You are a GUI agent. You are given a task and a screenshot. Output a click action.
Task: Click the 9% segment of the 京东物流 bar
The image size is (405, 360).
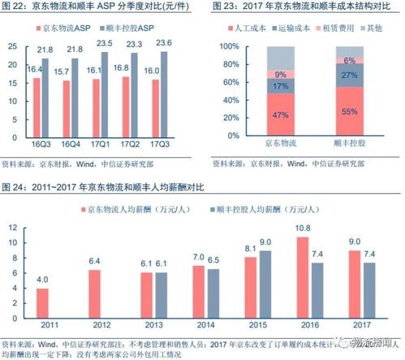(x=258, y=74)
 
